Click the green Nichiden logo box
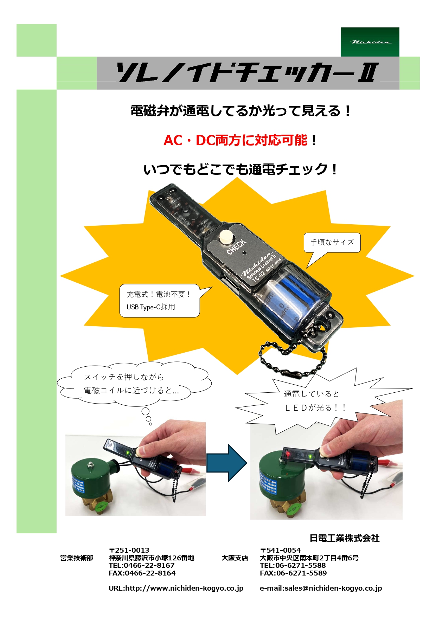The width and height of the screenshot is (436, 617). (x=370, y=42)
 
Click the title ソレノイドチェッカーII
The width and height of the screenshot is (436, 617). (x=248, y=73)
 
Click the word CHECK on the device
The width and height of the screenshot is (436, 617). (x=236, y=247)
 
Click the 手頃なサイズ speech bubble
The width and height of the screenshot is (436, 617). (x=332, y=242)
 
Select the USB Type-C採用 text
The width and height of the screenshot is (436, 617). (x=151, y=307)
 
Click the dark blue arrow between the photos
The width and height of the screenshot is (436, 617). (x=226, y=463)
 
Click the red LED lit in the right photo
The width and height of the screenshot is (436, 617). (x=288, y=455)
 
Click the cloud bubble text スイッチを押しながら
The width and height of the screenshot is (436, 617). (x=124, y=377)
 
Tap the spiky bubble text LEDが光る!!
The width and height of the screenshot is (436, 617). (x=315, y=408)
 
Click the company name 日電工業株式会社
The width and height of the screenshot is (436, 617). (x=344, y=538)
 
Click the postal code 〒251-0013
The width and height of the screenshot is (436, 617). (x=129, y=550)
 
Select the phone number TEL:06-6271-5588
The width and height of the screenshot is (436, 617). (x=293, y=565)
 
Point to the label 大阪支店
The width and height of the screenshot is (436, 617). (x=235, y=558)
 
